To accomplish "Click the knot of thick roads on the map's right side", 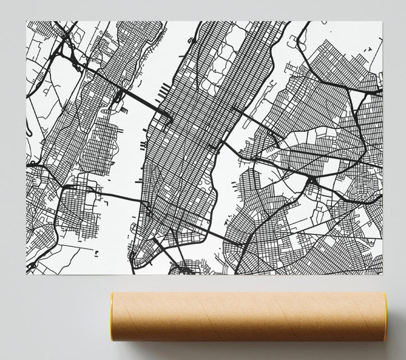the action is [311, 179].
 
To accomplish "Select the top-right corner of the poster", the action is [380, 21].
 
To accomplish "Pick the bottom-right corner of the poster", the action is [380, 275].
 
